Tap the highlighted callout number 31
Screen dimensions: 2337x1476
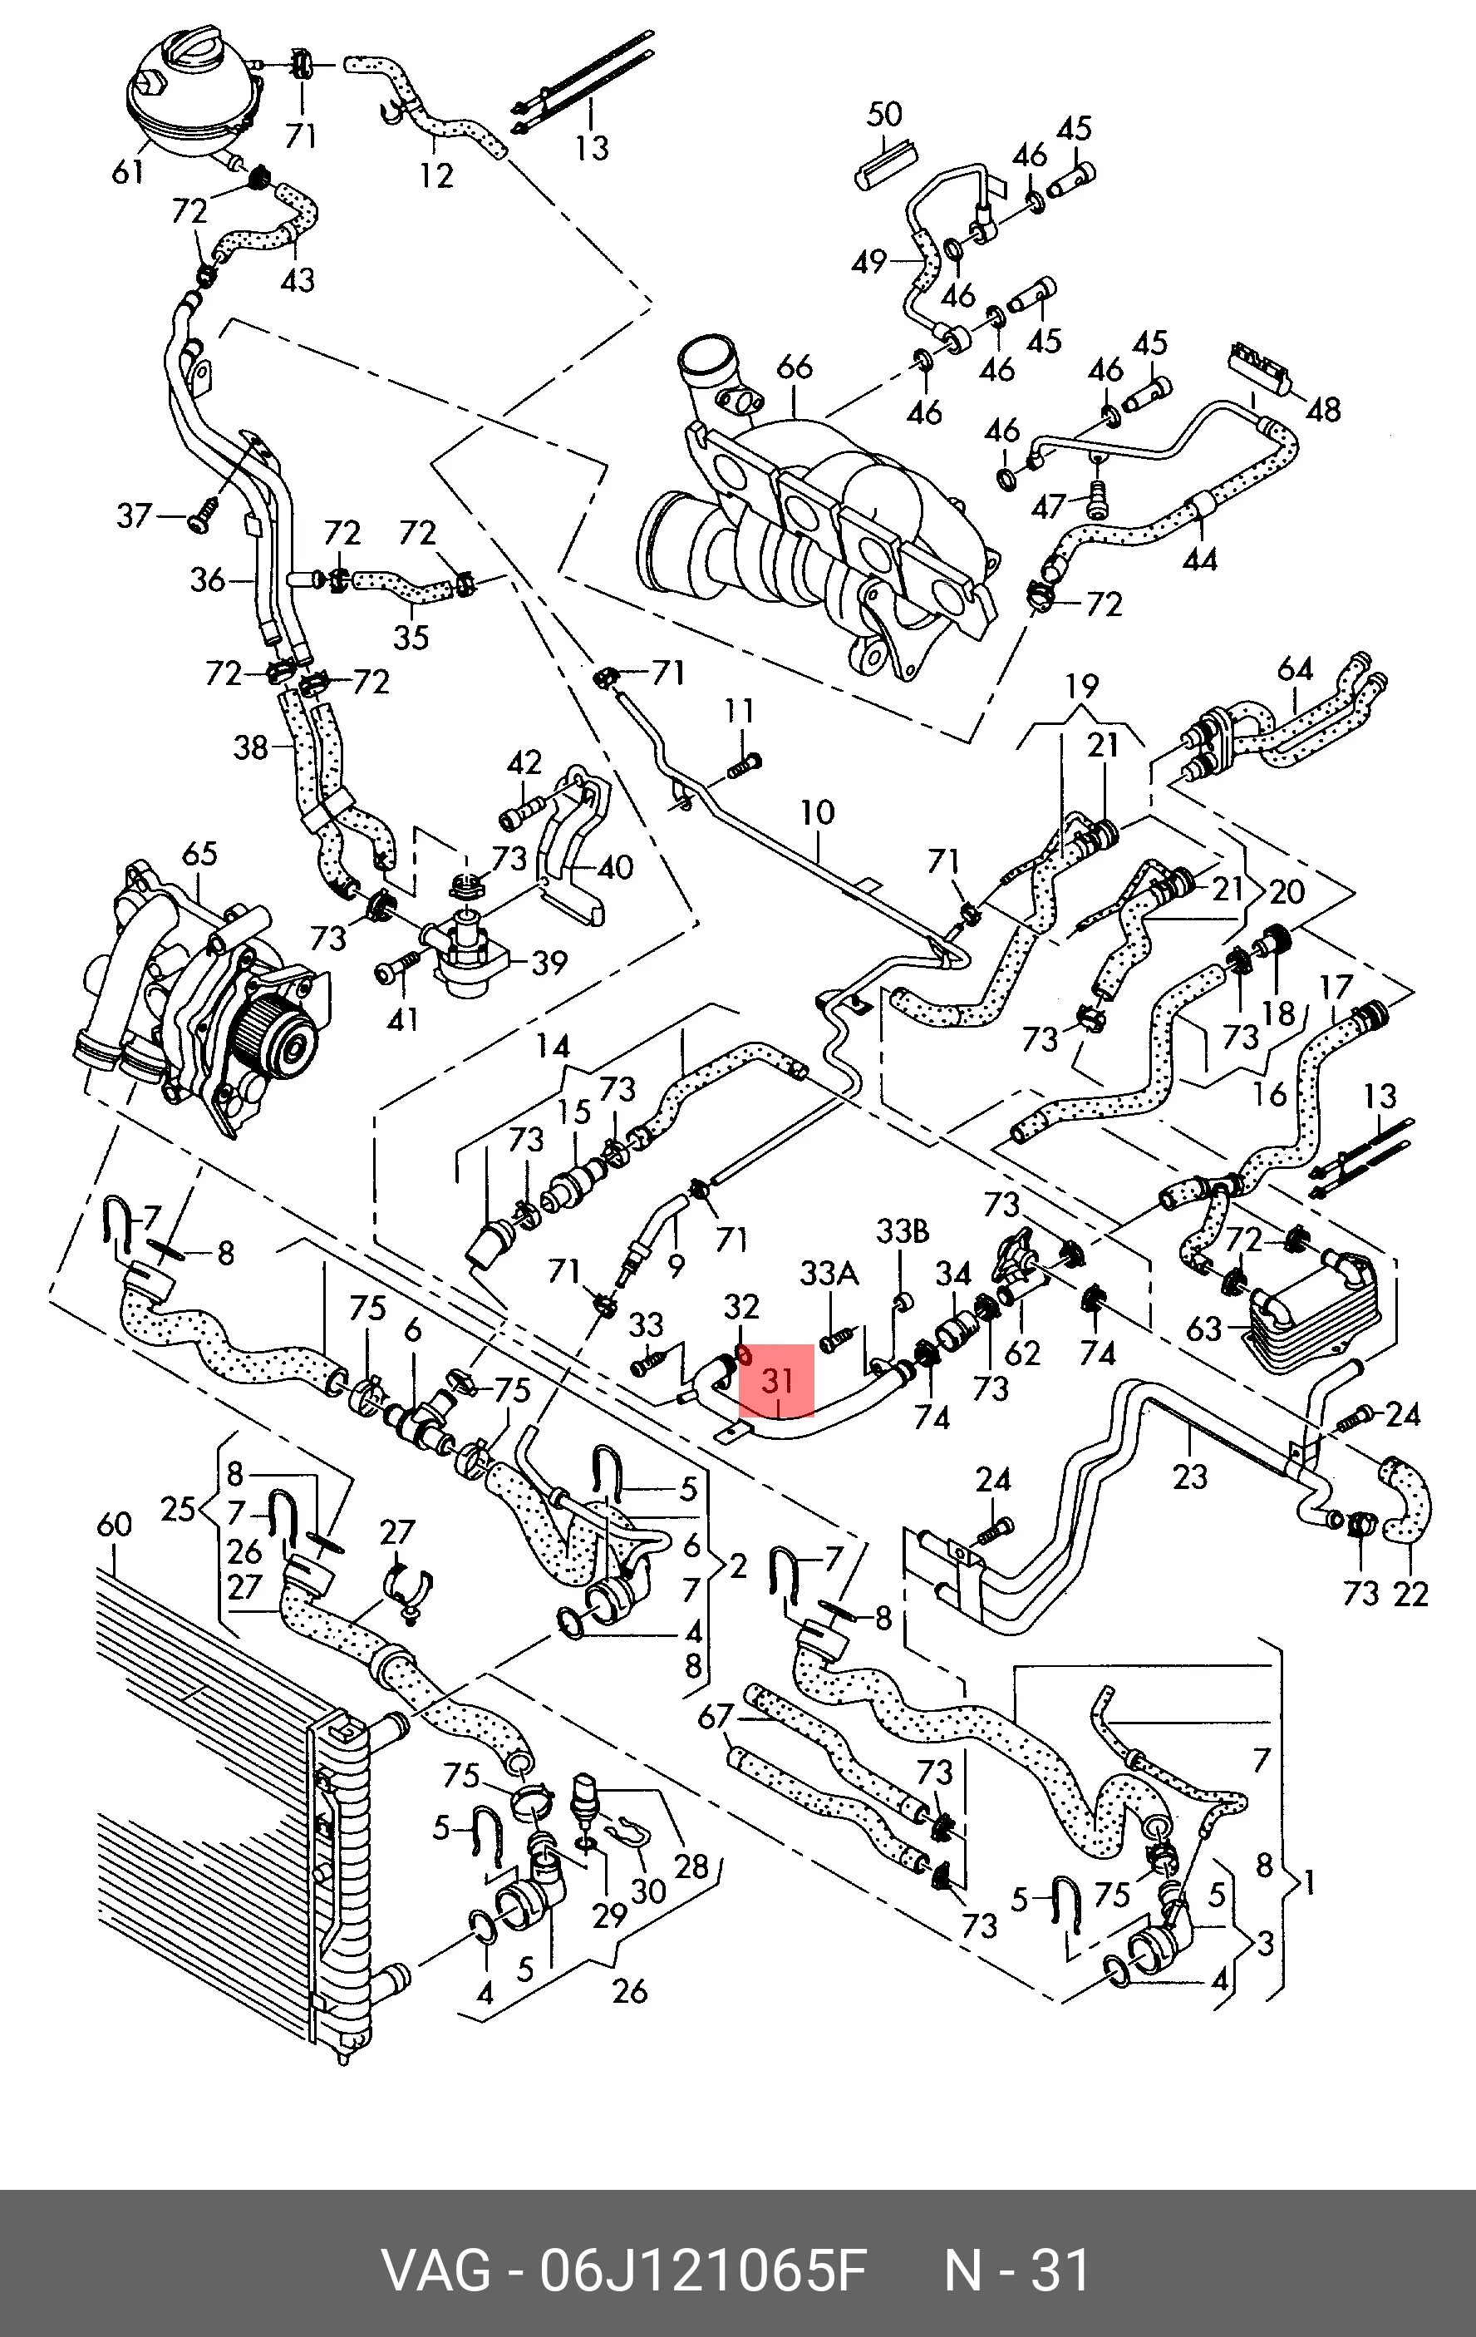tap(776, 1380)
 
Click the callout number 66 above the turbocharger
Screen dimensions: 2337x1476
tap(794, 367)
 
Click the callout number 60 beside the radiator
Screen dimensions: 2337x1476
tap(114, 1524)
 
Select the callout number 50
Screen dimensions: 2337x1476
tap(883, 116)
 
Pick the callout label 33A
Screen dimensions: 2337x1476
tap(829, 1274)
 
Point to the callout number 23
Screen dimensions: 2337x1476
tap(1190, 1477)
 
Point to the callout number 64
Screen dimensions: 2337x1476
tap(1295, 668)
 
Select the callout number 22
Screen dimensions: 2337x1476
tap(1410, 1594)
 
